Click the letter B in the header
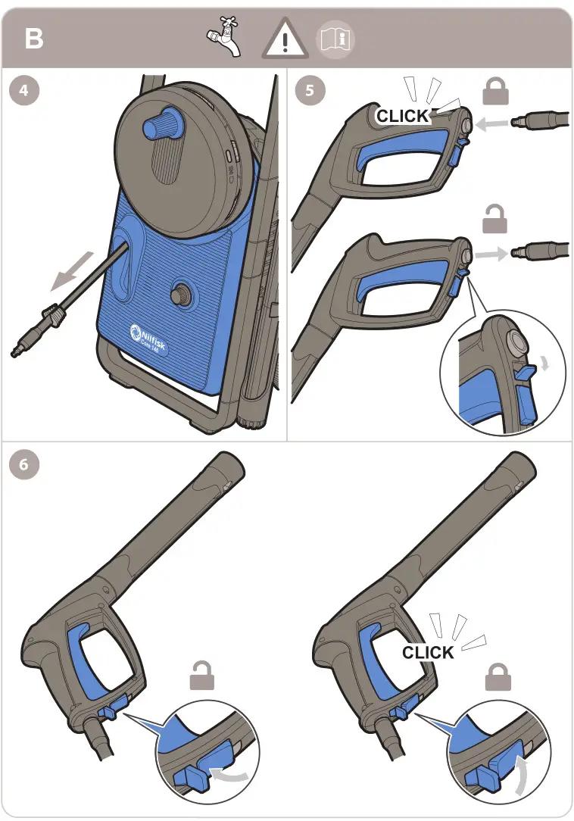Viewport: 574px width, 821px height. pos(34,39)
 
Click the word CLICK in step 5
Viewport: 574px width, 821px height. pos(403,116)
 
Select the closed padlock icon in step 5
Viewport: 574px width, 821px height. pos(497,92)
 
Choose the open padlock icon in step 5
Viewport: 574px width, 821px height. pos(497,220)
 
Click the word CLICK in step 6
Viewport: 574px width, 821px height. pos(428,652)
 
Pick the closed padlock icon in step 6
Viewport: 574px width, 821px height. pos(498,676)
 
